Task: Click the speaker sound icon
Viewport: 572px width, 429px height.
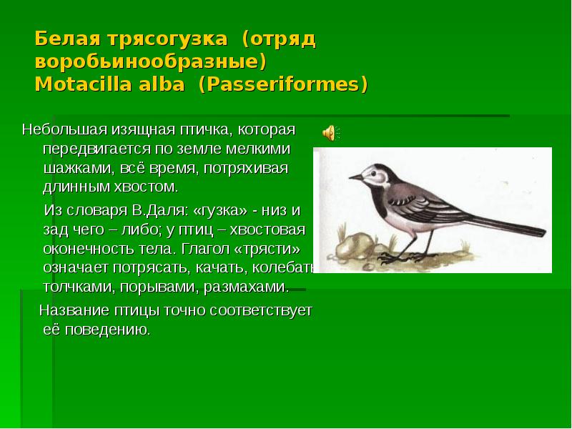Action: click(331, 132)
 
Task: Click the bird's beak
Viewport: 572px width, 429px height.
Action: click(355, 177)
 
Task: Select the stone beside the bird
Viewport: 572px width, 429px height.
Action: click(354, 246)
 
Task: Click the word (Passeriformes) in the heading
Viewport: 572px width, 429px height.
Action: click(283, 84)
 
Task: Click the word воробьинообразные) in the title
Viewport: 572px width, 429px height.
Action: click(151, 62)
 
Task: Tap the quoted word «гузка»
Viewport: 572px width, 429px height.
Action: click(219, 211)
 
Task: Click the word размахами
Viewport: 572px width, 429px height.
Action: click(246, 287)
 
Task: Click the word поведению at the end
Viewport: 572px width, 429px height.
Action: click(108, 330)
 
